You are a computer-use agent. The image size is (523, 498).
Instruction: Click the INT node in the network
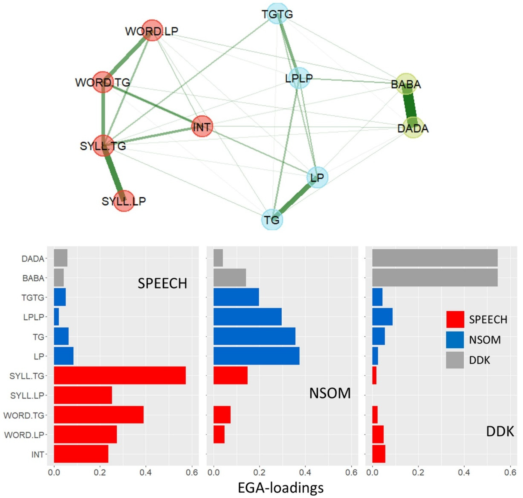click(x=202, y=127)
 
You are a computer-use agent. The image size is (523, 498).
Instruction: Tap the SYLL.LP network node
click(x=124, y=201)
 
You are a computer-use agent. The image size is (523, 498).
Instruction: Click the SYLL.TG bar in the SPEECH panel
click(x=120, y=375)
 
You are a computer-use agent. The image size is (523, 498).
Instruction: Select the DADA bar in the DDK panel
click(x=435, y=258)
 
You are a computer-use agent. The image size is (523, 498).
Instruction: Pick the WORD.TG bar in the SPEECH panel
click(x=99, y=415)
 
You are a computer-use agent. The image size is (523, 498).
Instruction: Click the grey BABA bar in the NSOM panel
click(x=230, y=278)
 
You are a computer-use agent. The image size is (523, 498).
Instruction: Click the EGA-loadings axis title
click(x=281, y=487)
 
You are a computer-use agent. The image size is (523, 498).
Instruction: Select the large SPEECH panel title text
click(x=162, y=284)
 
